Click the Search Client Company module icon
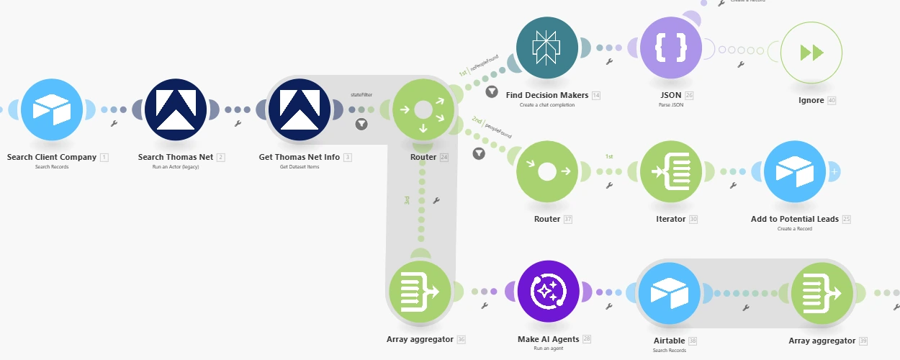[52, 109]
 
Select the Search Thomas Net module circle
[176, 109]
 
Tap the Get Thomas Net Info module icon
[299, 109]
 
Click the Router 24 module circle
[423, 109]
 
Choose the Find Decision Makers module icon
[546, 48]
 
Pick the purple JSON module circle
[670, 48]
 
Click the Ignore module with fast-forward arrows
[811, 53]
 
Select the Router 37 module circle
[546, 172]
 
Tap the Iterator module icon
[670, 172]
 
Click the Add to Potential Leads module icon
[794, 172]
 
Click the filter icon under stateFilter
[361, 124]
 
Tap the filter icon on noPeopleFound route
[492, 91]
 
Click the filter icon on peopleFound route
[479, 153]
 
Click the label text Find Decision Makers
[547, 95]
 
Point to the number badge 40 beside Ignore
[832, 101]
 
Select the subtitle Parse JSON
[670, 105]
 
